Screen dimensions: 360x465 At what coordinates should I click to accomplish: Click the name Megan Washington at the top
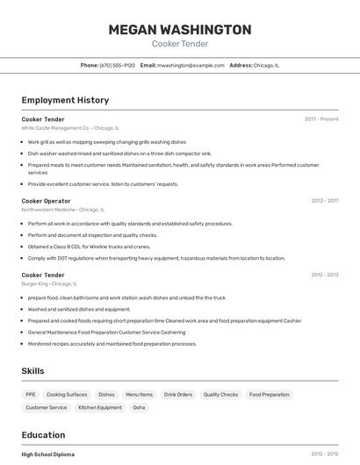tap(180, 30)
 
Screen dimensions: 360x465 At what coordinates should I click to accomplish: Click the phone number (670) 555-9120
tap(118, 65)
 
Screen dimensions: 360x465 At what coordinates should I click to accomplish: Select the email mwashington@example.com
tap(191, 65)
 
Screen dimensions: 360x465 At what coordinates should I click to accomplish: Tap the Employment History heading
tap(65, 101)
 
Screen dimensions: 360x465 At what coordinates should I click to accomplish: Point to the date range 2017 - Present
tap(321, 119)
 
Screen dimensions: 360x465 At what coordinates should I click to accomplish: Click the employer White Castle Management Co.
tap(56, 127)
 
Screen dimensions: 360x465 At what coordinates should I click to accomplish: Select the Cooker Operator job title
tap(46, 201)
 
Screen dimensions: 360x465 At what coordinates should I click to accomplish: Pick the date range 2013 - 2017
tap(325, 201)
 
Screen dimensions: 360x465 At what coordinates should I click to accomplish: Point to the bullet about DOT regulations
tap(156, 258)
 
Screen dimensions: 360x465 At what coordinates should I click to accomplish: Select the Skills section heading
tap(32, 371)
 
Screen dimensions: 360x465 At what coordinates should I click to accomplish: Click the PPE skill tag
tap(31, 395)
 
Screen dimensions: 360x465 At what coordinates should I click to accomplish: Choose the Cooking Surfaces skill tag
tap(67, 395)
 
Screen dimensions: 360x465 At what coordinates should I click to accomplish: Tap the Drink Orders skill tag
tap(178, 395)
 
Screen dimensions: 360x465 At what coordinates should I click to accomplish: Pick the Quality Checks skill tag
tap(220, 395)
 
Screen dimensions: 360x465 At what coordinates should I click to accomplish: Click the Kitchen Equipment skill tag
tap(100, 407)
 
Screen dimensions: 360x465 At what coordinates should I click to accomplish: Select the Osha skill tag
tap(139, 407)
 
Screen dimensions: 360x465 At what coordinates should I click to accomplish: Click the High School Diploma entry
tap(48, 454)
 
